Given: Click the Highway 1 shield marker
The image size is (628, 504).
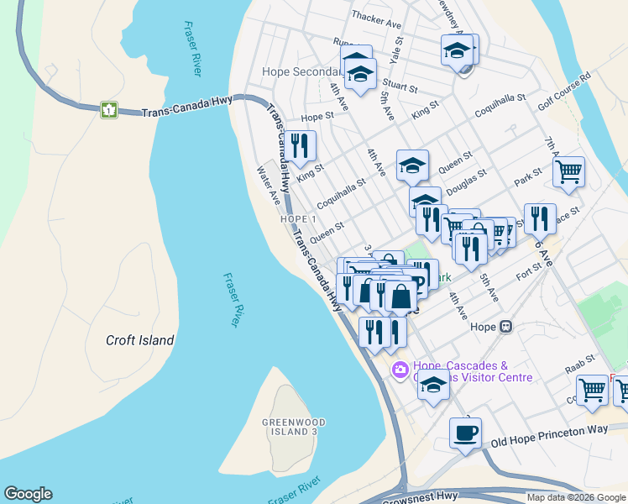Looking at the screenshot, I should [108, 109].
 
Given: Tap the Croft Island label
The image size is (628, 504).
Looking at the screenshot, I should [140, 340].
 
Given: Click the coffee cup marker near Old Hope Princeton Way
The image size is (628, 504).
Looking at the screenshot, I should [465, 433].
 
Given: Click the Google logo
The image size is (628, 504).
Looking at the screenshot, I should [28, 494].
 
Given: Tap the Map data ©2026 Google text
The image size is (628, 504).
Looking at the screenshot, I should [575, 497].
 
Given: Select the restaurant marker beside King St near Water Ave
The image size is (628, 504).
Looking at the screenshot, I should [300, 146].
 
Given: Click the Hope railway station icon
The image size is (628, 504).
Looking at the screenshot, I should [505, 327].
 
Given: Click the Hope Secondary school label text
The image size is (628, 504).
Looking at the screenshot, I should [300, 72].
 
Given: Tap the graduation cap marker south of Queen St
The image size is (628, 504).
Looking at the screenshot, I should [425, 202].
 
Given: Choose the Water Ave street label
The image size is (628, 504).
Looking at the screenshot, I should [268, 184].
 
